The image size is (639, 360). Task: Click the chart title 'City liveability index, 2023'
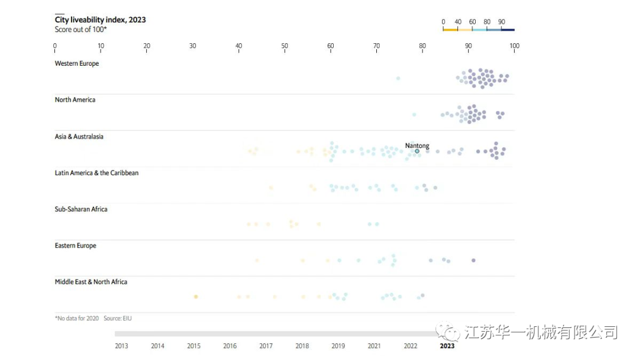tap(100, 20)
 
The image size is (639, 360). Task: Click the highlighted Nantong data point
tap(417, 151)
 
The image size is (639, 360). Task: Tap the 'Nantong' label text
tap(417, 146)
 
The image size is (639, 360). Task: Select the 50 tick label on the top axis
tap(285, 46)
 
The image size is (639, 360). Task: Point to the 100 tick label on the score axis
tap(514, 46)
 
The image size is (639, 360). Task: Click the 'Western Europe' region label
tap(77, 63)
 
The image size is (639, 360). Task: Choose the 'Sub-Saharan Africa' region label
tap(81, 209)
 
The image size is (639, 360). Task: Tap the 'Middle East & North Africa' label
tap(91, 282)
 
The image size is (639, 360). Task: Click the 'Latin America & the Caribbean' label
tap(96, 173)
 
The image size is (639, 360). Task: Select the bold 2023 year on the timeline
tap(447, 346)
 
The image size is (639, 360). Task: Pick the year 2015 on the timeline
tap(193, 346)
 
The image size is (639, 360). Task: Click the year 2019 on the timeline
tap(338, 346)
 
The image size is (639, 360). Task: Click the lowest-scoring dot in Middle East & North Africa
tap(196, 297)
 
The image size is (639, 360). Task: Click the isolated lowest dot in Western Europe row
tap(398, 78)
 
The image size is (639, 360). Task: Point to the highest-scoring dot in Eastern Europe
tap(473, 261)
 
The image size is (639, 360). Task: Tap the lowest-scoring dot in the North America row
tap(414, 114)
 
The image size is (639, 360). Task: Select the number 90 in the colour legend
tap(501, 22)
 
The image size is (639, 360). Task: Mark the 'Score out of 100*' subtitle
tap(81, 29)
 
